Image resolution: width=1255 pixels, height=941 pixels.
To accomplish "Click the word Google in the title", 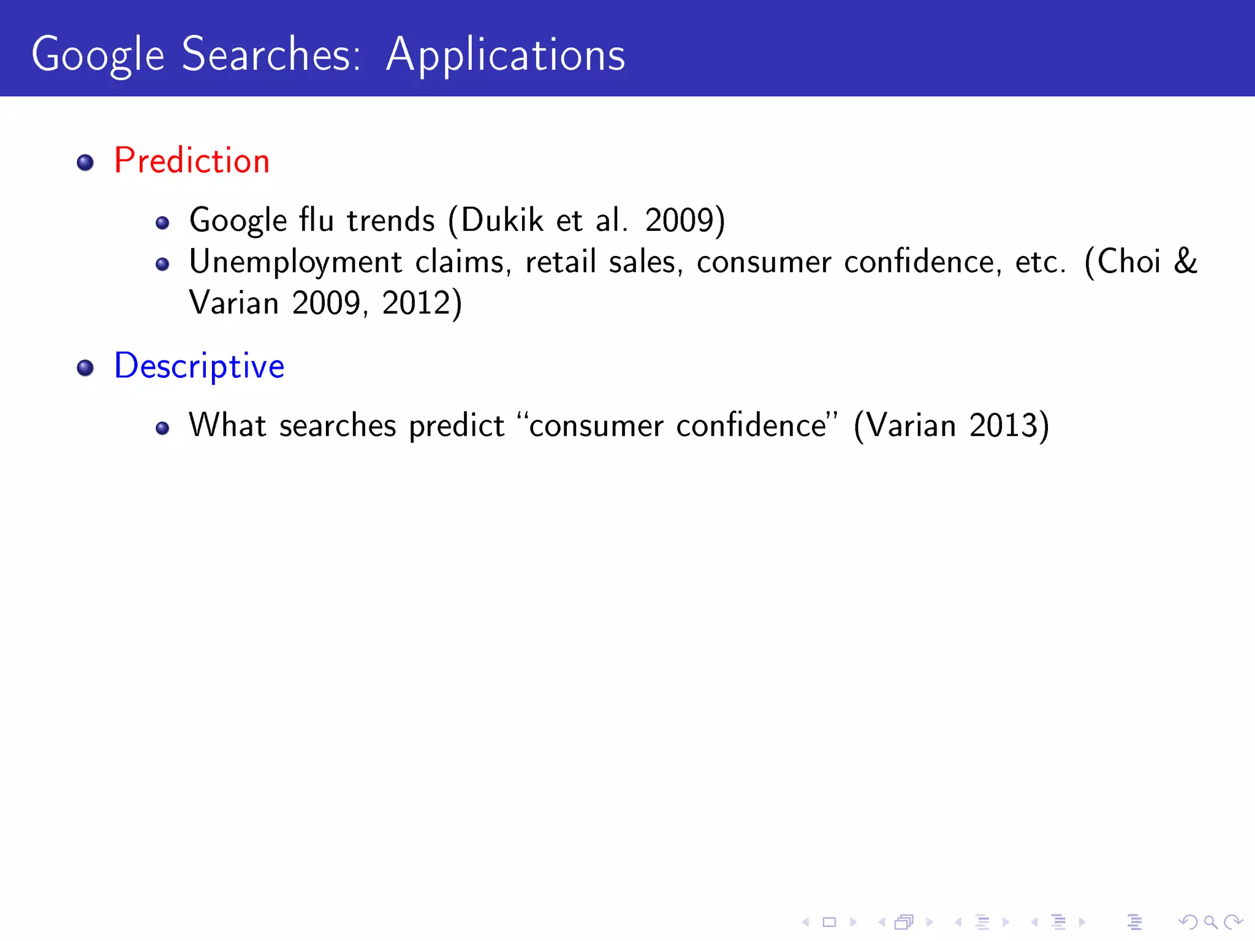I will [98, 55].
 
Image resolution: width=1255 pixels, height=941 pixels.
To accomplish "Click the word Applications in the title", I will [506, 55].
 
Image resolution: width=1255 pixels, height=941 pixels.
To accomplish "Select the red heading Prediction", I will [192, 161].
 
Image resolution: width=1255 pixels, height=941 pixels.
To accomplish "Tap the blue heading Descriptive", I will [199, 366].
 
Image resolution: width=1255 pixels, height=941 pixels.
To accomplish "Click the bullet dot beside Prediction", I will [85, 162].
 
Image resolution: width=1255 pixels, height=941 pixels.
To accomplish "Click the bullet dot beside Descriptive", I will [85, 368].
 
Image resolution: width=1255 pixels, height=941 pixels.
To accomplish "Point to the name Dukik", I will [502, 220].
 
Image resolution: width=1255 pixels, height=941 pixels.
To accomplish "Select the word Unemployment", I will [295, 262].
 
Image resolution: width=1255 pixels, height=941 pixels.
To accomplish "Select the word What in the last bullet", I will [227, 425].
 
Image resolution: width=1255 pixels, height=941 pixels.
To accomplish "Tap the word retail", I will [560, 262].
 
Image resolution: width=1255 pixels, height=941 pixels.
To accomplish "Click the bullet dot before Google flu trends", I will [162, 223].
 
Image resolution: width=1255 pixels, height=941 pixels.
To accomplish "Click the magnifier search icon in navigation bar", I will [1210, 921].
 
